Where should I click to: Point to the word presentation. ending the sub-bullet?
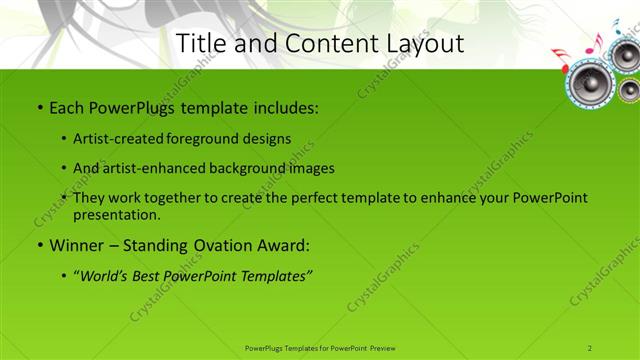[116, 214]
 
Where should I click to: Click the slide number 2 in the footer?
[590, 347]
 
